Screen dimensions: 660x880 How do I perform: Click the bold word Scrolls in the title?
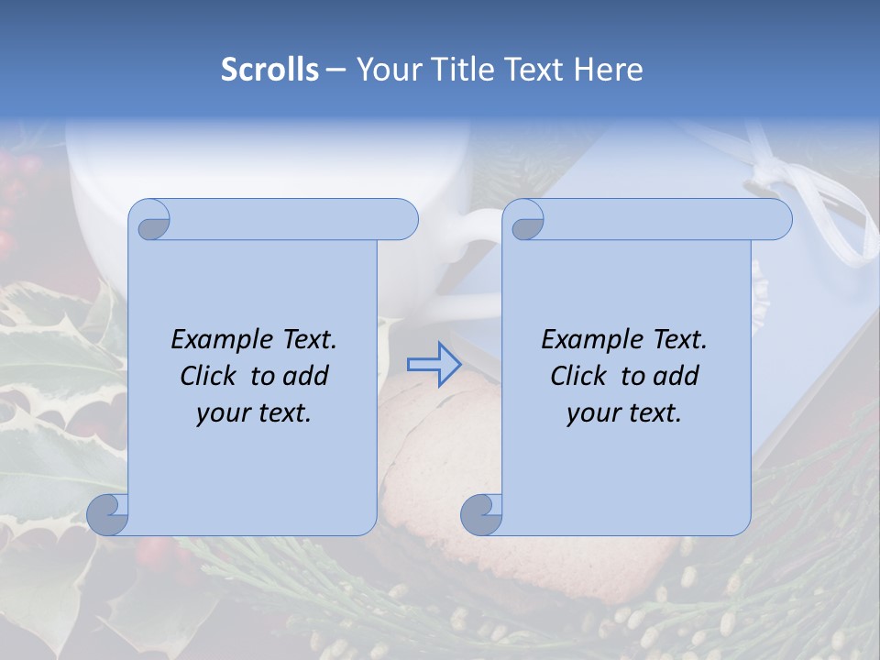[x=269, y=70]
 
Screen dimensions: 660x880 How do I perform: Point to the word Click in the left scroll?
[x=212, y=376]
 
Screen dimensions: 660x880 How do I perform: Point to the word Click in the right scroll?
[x=582, y=376]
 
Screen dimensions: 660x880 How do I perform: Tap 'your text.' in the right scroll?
[x=624, y=412]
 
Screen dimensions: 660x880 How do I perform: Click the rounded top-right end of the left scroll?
[x=404, y=219]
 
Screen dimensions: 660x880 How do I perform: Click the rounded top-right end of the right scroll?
[x=778, y=219]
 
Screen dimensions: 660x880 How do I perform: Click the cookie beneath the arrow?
[x=431, y=477]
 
